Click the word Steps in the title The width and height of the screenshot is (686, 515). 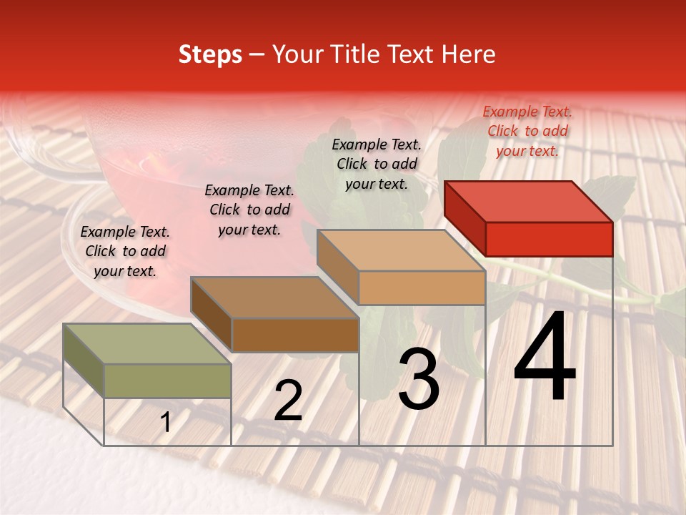pos(210,55)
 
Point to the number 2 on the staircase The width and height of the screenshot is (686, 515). pos(288,401)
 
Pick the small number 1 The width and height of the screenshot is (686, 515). pos(166,422)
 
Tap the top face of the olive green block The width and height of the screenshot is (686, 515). pos(146,344)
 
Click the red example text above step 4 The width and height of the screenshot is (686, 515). pos(527,131)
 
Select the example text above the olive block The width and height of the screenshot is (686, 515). pos(125,251)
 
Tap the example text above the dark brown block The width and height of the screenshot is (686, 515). pos(249,210)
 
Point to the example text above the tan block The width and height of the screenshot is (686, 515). pos(377,164)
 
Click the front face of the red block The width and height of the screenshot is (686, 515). pos(549,239)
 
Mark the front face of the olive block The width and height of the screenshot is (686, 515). pos(168,381)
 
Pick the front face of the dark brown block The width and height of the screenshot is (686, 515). pos(295,335)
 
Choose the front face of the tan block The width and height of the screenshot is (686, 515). pos(422,288)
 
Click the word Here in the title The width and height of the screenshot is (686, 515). pos(471,55)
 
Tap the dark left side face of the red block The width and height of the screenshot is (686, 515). pos(464,218)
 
